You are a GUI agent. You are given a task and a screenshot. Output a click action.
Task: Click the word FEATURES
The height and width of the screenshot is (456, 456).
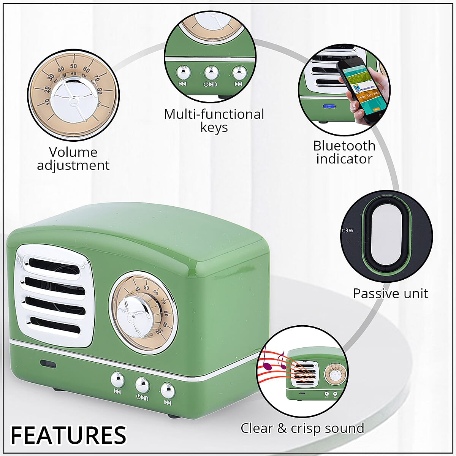[x=68, y=435]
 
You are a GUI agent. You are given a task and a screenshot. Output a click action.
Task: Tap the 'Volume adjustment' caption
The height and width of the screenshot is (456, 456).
[x=73, y=159]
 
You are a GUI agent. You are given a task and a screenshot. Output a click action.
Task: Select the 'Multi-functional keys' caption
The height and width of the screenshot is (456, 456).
[x=214, y=120]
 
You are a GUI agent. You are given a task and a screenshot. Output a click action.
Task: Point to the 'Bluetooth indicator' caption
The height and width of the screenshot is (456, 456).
[x=344, y=152]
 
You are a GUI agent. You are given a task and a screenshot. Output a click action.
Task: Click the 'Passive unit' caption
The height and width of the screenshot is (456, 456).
[x=390, y=293]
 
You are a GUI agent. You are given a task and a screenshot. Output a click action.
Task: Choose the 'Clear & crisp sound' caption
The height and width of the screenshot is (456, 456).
[x=302, y=428]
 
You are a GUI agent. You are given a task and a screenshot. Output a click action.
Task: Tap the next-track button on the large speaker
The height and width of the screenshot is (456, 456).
[x=167, y=390]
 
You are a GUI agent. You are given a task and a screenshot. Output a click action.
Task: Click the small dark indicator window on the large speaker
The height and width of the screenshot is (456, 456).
[x=48, y=363]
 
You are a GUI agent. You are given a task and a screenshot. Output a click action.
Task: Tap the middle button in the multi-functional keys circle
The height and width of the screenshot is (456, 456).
[x=211, y=72]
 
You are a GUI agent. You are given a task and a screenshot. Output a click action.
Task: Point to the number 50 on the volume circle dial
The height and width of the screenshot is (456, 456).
[x=74, y=66]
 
